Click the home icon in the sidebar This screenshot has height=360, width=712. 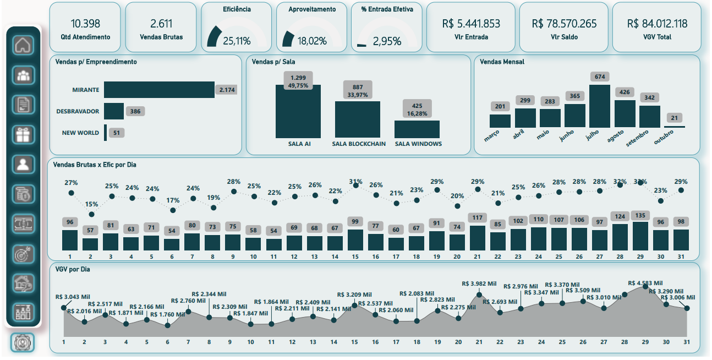tap(23, 45)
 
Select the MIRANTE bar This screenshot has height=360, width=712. tap(159, 90)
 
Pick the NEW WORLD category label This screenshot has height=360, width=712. tap(80, 133)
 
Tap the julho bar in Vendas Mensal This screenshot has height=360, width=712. tap(600, 106)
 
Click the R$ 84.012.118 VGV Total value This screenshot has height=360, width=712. tap(657, 24)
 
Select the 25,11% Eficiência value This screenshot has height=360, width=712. tap(237, 41)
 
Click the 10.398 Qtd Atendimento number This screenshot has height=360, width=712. tap(85, 24)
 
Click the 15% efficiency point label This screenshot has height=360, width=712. tap(91, 204)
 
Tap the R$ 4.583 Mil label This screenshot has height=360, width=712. tap(645, 282)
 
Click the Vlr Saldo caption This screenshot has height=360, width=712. tap(564, 37)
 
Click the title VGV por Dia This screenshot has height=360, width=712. tap(72, 269)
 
